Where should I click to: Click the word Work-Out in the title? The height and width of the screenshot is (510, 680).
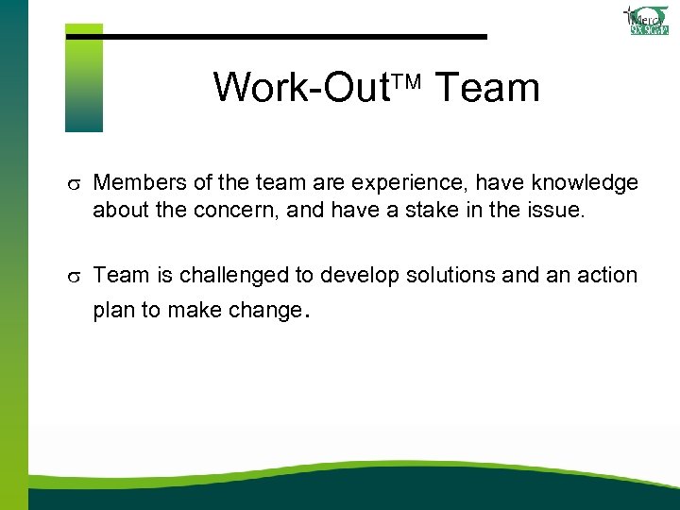300,88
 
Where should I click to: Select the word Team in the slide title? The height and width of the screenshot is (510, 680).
486,88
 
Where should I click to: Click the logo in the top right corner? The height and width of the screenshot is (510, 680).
648,20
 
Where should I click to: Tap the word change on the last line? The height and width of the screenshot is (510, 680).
264,311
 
